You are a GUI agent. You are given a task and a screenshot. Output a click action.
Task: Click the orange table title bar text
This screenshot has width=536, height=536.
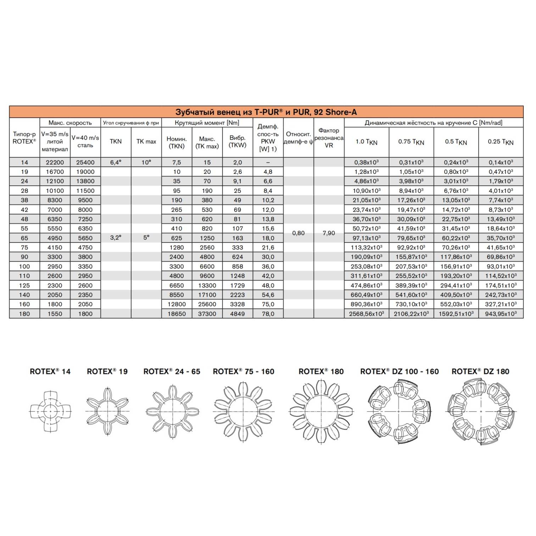(266, 112)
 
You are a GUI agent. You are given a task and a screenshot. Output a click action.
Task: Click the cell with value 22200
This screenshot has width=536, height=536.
(55, 162)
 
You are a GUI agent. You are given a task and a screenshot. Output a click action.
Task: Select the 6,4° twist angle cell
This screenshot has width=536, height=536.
(116, 162)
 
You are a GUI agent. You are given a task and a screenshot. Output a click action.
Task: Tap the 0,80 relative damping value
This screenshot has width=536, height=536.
(298, 233)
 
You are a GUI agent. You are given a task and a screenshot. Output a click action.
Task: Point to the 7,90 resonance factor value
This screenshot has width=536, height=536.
(329, 233)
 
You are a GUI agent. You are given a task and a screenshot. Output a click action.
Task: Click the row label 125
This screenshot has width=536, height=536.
(24, 285)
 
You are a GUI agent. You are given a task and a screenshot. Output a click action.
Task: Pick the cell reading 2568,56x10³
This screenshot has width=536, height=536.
(366, 314)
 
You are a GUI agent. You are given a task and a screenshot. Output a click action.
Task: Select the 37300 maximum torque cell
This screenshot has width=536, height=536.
(207, 314)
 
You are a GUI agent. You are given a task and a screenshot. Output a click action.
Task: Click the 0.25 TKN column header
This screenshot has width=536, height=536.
(500, 142)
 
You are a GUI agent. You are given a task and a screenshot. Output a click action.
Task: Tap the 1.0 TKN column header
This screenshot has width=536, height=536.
(366, 142)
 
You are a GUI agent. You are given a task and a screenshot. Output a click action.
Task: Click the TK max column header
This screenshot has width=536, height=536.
(146, 142)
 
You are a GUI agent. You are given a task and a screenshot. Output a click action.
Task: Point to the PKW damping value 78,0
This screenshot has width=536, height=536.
(268, 314)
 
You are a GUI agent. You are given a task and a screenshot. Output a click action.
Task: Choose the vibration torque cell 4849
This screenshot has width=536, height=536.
(237, 314)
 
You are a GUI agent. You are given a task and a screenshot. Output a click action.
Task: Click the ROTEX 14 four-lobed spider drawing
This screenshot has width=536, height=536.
(50, 411)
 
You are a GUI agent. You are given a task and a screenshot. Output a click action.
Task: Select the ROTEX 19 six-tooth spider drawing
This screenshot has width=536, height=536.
(107, 411)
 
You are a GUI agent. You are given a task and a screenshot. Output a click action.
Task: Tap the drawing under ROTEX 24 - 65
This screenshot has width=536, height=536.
(172, 411)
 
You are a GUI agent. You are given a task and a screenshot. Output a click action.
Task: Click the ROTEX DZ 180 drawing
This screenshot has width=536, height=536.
(481, 411)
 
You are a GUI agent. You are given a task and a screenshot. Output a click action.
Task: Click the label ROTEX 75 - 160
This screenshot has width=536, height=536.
(244, 372)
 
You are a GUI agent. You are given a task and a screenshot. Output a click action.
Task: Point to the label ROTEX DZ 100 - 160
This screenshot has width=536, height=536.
(399, 372)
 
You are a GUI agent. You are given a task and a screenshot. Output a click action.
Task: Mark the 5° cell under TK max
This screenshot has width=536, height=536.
(146, 238)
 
